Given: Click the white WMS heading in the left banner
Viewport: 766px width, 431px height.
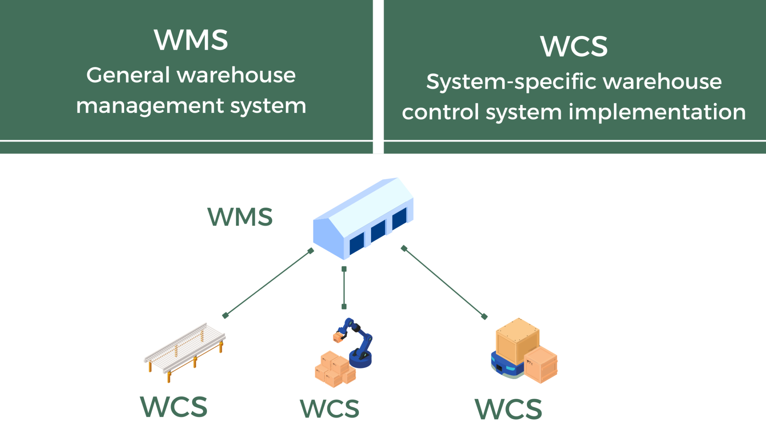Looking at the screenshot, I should point(191,40).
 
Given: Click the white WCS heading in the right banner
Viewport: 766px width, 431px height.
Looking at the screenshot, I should point(574,46).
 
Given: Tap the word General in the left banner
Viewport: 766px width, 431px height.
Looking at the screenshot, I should point(128,75).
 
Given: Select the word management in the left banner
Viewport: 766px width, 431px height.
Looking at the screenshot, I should point(150,106).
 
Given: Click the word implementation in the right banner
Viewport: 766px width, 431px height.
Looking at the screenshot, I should point(657,112).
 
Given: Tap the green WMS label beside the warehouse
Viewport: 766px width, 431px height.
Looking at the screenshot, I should point(240,217).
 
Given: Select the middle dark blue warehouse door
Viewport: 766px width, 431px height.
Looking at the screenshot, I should point(378,231).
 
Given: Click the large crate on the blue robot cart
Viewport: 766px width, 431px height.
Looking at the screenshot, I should point(517,340).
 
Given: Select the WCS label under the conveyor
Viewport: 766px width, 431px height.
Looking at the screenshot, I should point(174,407).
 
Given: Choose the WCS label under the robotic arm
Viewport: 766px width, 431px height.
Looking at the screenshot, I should point(330,409).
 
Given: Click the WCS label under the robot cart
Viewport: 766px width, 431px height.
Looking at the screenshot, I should point(508,409).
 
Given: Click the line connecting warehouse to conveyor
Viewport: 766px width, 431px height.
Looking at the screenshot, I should point(268,283).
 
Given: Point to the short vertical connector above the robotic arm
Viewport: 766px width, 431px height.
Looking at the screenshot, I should point(344,287).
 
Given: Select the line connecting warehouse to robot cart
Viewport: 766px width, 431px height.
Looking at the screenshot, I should point(444,282).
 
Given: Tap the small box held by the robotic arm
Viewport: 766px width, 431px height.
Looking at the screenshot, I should point(337,338).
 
